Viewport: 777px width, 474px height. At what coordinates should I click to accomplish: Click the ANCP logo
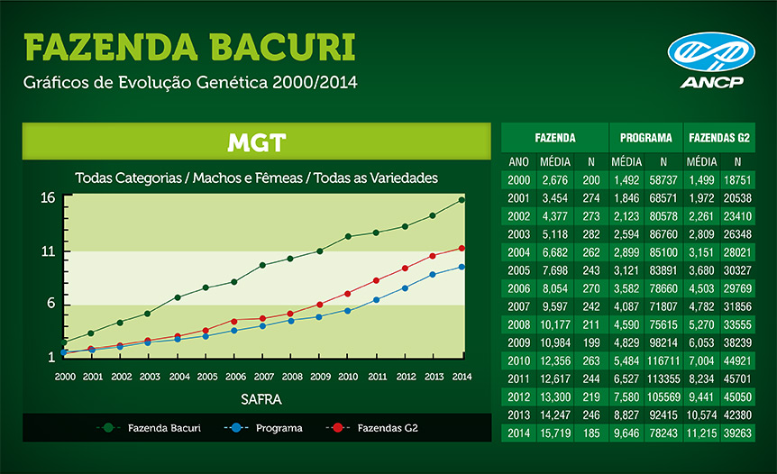pyautogui.click(x=711, y=60)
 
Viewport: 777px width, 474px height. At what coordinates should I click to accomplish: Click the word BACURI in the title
pyautogui.click(x=282, y=48)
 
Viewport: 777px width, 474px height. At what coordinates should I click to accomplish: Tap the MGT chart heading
pyautogui.click(x=257, y=142)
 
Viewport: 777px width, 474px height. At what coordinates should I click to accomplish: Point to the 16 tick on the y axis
pyautogui.click(x=48, y=198)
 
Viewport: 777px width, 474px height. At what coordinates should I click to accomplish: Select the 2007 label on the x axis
pyautogui.click(x=263, y=377)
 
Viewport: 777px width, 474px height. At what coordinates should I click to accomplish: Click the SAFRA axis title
pyautogui.click(x=261, y=400)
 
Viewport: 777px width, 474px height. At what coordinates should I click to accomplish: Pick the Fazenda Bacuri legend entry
pyautogui.click(x=149, y=428)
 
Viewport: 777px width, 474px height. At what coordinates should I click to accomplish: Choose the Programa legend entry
pyautogui.click(x=263, y=428)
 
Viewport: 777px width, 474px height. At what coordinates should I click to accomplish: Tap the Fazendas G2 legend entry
pyautogui.click(x=371, y=428)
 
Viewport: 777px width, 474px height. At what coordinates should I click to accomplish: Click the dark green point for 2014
pyautogui.click(x=462, y=200)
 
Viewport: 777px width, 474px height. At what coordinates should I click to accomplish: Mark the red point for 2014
pyautogui.click(x=462, y=248)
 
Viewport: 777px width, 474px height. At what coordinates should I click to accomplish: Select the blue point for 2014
pyautogui.click(x=462, y=267)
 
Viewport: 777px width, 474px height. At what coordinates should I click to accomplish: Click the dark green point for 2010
pyautogui.click(x=348, y=237)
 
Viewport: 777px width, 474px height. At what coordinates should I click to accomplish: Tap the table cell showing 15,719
pyautogui.click(x=555, y=433)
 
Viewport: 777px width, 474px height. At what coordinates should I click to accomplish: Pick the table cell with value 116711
pyautogui.click(x=663, y=361)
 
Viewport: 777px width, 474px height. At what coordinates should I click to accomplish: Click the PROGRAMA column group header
pyautogui.click(x=645, y=138)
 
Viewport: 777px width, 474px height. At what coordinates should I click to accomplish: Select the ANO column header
pyautogui.click(x=519, y=162)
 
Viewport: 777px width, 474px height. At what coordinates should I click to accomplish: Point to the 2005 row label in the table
pyautogui.click(x=519, y=270)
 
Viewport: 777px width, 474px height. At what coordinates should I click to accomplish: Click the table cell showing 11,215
pyautogui.click(x=701, y=433)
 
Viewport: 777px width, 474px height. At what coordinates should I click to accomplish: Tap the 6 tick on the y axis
pyautogui.click(x=51, y=303)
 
